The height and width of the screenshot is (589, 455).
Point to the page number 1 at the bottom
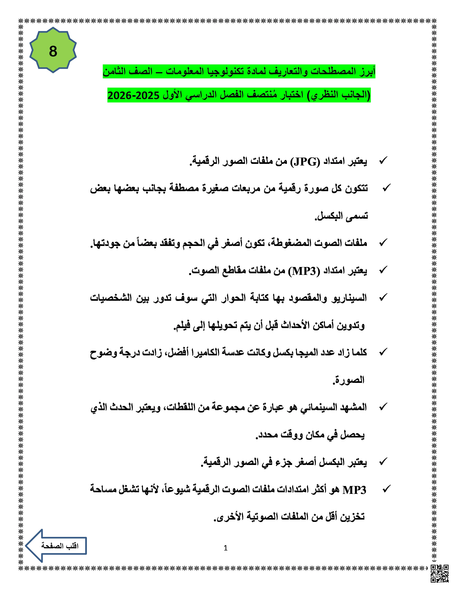click(x=226, y=548)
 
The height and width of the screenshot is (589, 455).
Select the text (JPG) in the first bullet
click(x=305, y=162)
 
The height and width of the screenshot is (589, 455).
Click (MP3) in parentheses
click(x=304, y=271)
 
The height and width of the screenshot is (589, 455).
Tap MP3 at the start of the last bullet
click(x=354, y=490)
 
